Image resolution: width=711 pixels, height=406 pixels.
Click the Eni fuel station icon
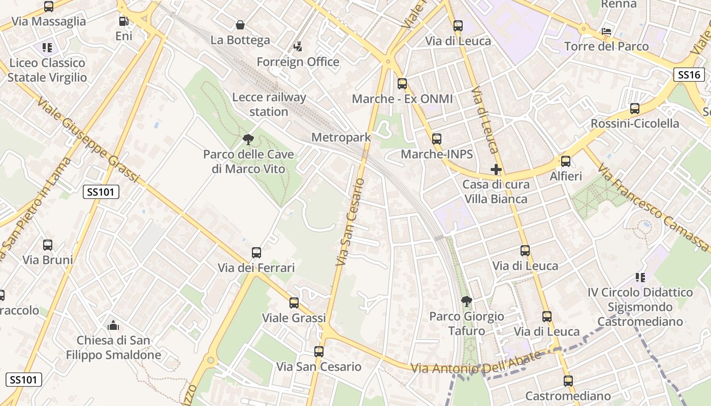click(x=123, y=21)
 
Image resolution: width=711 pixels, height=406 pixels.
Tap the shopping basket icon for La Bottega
click(x=240, y=25)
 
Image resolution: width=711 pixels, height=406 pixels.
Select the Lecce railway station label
click(x=269, y=105)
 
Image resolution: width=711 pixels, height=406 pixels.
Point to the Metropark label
click(x=341, y=138)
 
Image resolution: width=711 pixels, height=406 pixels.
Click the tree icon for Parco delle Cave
click(x=248, y=139)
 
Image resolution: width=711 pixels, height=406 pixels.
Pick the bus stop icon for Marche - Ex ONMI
click(x=402, y=84)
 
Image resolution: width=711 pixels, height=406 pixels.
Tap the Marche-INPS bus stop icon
click(x=437, y=139)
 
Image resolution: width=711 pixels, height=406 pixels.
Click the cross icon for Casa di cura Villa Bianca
click(x=496, y=170)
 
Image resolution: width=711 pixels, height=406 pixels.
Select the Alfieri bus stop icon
click(x=566, y=161)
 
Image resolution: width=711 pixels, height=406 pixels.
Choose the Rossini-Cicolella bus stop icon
click(x=635, y=109)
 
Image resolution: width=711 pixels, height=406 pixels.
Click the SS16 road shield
click(x=689, y=75)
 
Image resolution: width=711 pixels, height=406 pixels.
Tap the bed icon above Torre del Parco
click(x=606, y=31)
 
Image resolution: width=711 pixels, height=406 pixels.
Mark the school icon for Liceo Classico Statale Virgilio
click(x=47, y=48)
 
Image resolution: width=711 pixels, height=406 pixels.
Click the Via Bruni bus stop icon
click(x=48, y=245)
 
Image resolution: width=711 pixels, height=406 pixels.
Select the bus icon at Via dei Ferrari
click(x=256, y=253)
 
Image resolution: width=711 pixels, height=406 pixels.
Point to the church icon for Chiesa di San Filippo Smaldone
click(x=113, y=325)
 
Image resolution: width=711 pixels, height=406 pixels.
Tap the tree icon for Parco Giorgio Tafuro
click(x=466, y=302)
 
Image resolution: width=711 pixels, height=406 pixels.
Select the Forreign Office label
click(x=298, y=62)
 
